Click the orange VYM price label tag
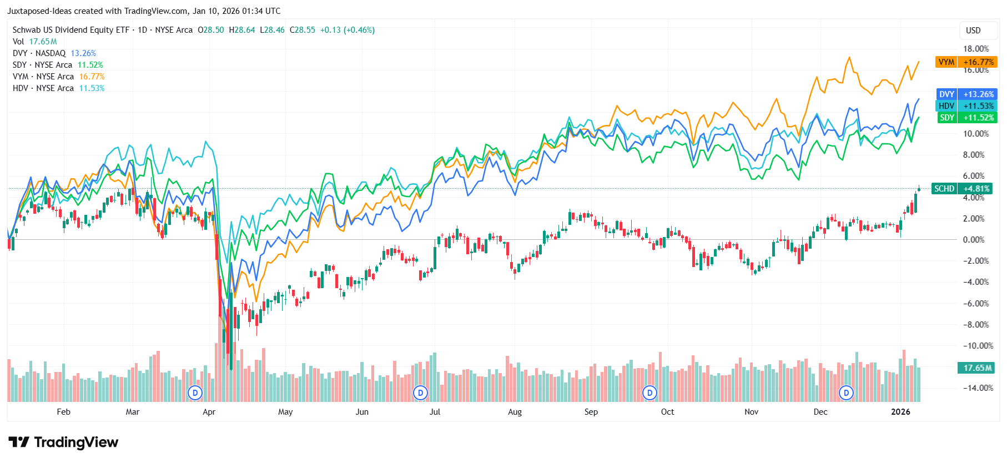pyautogui.click(x=966, y=62)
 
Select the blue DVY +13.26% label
pyautogui.click(x=966, y=94)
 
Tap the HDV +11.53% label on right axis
pyautogui.click(x=966, y=106)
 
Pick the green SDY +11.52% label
pyautogui.click(x=966, y=118)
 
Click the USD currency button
pyautogui.click(x=973, y=31)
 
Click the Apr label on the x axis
pyautogui.click(x=209, y=412)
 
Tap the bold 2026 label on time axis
pyautogui.click(x=900, y=412)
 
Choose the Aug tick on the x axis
pyautogui.click(x=515, y=412)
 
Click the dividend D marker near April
pyautogui.click(x=195, y=393)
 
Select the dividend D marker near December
pyautogui.click(x=846, y=393)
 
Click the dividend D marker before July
pyautogui.click(x=421, y=393)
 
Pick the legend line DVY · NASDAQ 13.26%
pyautogui.click(x=54, y=53)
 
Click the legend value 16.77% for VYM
pyautogui.click(x=92, y=77)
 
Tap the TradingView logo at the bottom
pyautogui.click(x=64, y=442)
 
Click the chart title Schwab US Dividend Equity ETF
pyautogui.click(x=71, y=30)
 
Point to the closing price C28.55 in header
pyautogui.click(x=302, y=30)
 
